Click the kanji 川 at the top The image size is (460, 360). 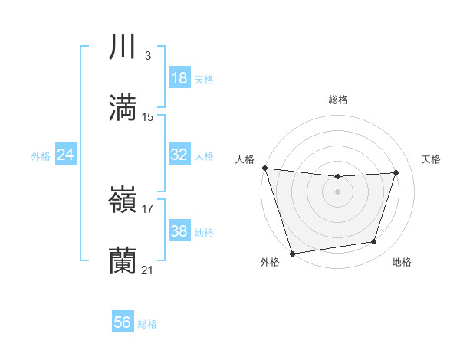pyautogui.click(x=123, y=47)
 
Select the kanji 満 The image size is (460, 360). pyautogui.click(x=123, y=107)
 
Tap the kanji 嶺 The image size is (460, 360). pyautogui.click(x=123, y=200)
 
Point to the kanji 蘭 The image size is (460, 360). pyautogui.click(x=123, y=261)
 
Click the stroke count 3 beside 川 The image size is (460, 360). pyautogui.click(x=147, y=56)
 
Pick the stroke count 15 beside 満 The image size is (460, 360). pyautogui.click(x=148, y=117)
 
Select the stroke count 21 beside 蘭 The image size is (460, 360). pyautogui.click(x=148, y=270)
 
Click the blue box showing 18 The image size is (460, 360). pyautogui.click(x=179, y=78)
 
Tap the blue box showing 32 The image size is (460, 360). pyautogui.click(x=179, y=155)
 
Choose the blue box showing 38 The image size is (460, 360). pyautogui.click(x=179, y=231)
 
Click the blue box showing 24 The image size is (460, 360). pyautogui.click(x=65, y=155)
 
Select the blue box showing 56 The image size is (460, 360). pyautogui.click(x=123, y=323)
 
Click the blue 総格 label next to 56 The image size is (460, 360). pyautogui.click(x=147, y=324)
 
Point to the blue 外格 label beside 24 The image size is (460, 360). pyautogui.click(x=41, y=156)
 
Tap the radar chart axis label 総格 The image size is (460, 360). pyautogui.click(x=338, y=100)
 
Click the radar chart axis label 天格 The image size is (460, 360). pyautogui.click(x=432, y=159)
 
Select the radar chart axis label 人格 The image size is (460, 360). pyautogui.click(x=245, y=159)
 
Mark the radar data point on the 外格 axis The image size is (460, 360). pyautogui.click(x=292, y=253)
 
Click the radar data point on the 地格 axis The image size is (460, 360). pyautogui.click(x=374, y=242)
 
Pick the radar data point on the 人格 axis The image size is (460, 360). pyautogui.click(x=264, y=168)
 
